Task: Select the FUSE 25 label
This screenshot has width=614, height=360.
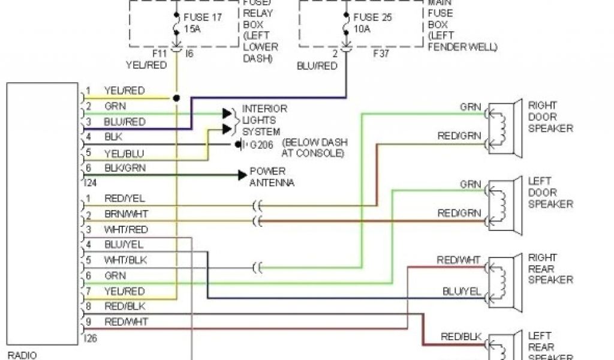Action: pyautogui.click(x=372, y=17)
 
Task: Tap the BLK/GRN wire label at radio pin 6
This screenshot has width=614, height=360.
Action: pyautogui.click(x=125, y=168)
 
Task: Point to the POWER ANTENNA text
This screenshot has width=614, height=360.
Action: pyautogui.click(x=272, y=176)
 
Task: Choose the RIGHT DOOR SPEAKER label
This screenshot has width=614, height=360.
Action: pyautogui.click(x=550, y=116)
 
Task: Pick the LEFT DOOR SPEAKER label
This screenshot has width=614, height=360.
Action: pyautogui.click(x=550, y=192)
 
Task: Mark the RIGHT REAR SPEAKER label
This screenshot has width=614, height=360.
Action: pyautogui.click(x=550, y=268)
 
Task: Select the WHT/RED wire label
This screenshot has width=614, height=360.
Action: pyautogui.click(x=125, y=230)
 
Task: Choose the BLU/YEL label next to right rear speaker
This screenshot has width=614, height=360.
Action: pyautogui.click(x=462, y=291)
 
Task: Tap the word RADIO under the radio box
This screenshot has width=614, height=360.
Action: pyautogui.click(x=22, y=355)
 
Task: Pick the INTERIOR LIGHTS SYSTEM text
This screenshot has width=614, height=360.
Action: pyautogui.click(x=264, y=120)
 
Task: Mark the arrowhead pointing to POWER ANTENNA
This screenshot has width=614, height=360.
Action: pyautogui.click(x=242, y=175)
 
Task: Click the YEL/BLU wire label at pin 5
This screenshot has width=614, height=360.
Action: pyautogui.click(x=124, y=153)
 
